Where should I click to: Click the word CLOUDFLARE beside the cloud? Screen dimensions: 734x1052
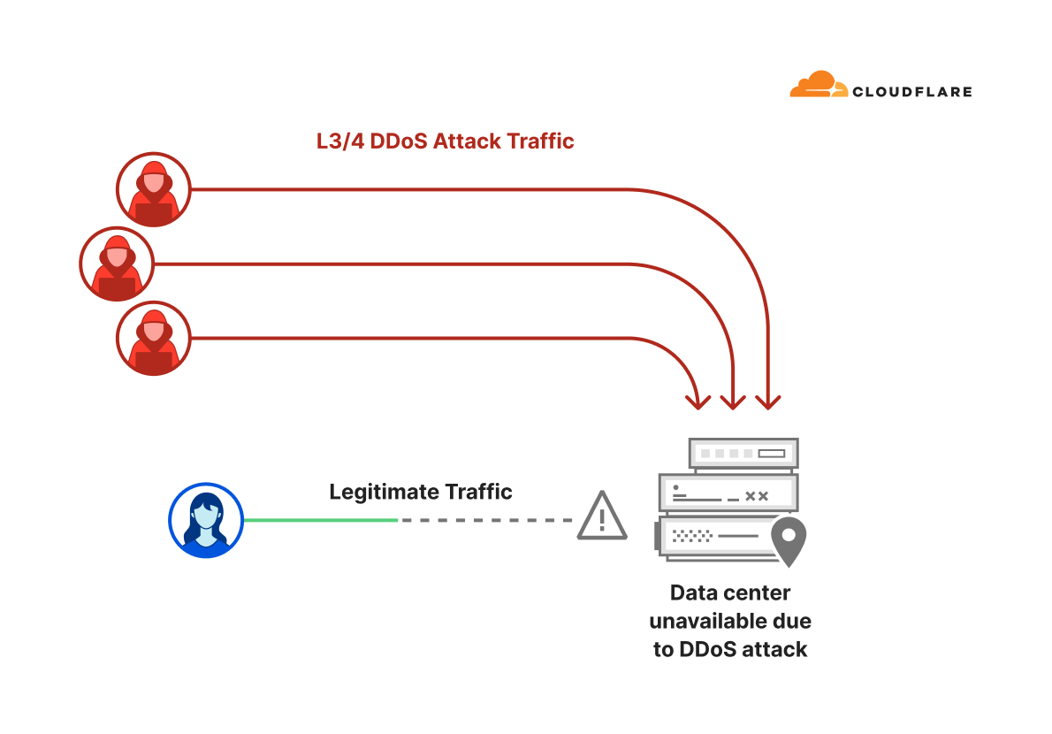(911, 91)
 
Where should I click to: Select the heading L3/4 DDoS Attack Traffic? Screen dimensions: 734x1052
(446, 141)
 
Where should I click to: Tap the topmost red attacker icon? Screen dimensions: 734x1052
(154, 189)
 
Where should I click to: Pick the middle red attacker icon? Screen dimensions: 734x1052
(117, 264)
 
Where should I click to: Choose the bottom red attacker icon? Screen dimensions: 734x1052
(154, 338)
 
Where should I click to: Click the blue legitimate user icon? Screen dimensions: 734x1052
(205, 520)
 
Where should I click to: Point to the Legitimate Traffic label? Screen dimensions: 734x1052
(421, 492)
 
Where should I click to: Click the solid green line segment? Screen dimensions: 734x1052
(320, 520)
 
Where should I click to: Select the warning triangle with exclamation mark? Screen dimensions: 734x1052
(602, 516)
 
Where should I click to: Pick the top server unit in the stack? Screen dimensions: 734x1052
(743, 454)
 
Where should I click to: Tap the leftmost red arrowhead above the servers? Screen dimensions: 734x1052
(698, 402)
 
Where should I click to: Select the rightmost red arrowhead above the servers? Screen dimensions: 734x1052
(768, 402)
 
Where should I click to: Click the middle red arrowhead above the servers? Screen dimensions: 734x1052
(733, 402)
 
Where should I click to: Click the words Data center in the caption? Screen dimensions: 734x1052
(730, 593)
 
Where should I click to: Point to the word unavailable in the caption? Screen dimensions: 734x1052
(712, 621)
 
